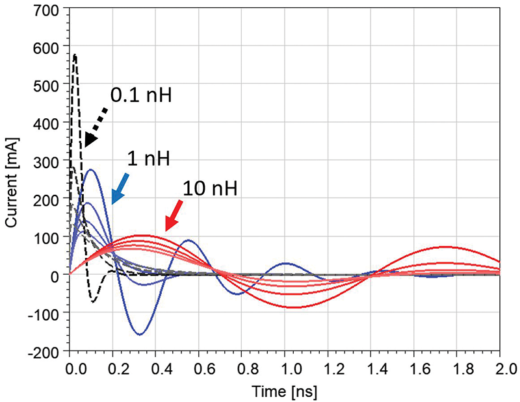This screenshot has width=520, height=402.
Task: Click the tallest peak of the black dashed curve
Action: point(75,55)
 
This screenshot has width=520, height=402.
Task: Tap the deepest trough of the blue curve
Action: point(140,334)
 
